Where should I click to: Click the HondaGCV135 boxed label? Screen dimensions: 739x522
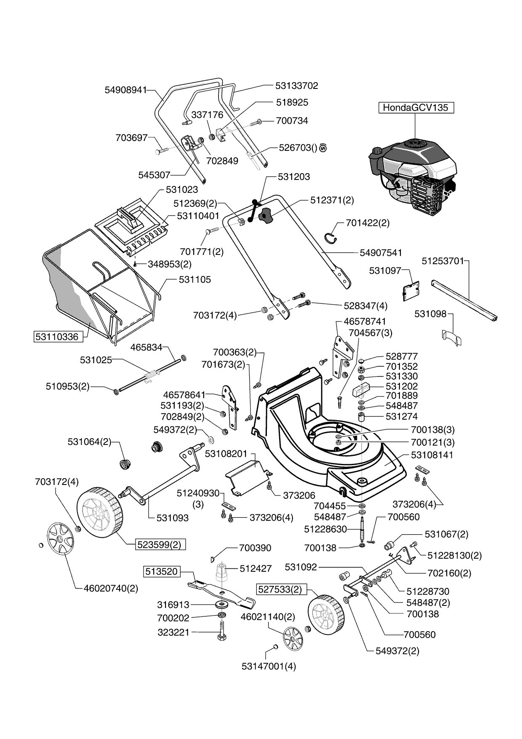tap(416, 107)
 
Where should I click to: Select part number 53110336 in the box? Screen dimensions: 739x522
tap(57, 337)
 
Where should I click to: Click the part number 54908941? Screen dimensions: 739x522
tap(125, 90)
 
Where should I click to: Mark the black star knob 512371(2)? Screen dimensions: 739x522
tap(266, 216)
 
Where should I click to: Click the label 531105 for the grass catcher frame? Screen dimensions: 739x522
tap(194, 280)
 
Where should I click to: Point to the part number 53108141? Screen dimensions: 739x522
tap(432, 455)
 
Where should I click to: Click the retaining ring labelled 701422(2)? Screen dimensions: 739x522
tap(333, 238)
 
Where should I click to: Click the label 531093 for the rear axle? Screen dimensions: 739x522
tap(172, 518)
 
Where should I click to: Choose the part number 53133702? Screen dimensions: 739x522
tap(296, 86)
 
